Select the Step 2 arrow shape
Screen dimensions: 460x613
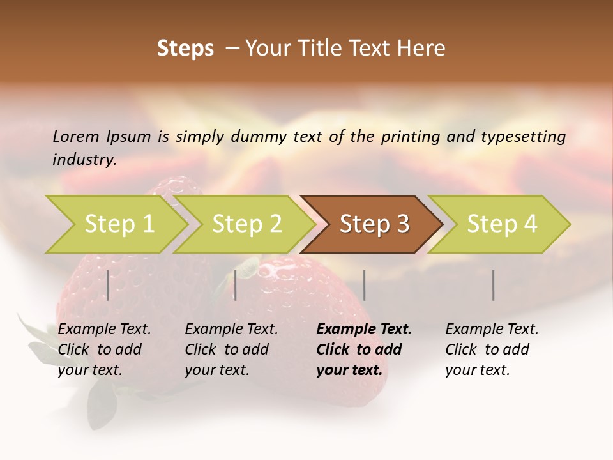[246, 224]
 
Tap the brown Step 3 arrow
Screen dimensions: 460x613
[374, 224]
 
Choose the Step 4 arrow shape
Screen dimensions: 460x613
[501, 224]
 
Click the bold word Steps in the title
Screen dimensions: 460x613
[185, 49]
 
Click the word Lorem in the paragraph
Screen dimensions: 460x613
[76, 136]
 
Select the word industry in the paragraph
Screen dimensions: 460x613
[84, 159]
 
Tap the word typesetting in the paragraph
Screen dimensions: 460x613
[523, 136]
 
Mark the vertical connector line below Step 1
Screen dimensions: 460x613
[108, 285]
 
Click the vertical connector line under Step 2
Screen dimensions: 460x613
[236, 285]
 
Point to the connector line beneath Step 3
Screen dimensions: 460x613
[364, 285]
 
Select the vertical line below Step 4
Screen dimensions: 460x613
[493, 285]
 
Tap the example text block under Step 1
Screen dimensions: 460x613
[104, 349]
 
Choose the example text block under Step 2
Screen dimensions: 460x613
[231, 349]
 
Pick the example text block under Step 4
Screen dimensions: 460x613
[492, 349]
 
